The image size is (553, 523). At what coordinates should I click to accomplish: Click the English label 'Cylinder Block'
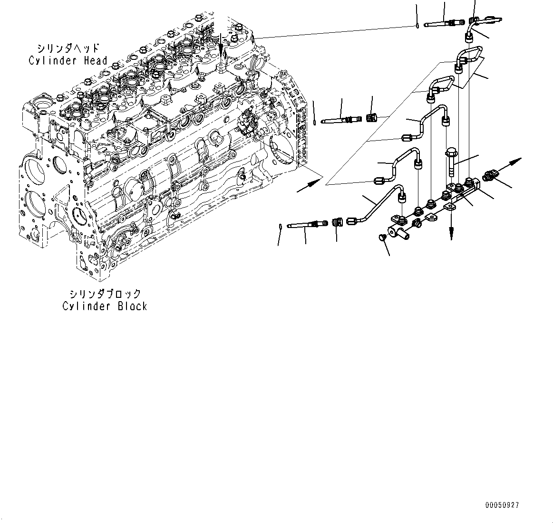pos(105,306)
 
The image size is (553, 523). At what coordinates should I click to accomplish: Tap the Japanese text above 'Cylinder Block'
pos(105,294)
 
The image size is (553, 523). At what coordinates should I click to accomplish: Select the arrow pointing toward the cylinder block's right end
pos(309,185)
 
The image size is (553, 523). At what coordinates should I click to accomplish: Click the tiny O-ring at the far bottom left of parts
pos(281,227)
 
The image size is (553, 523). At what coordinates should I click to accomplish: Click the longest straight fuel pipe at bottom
pos(378,204)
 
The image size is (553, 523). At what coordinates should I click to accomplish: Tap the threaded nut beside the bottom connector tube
pos(337,222)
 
